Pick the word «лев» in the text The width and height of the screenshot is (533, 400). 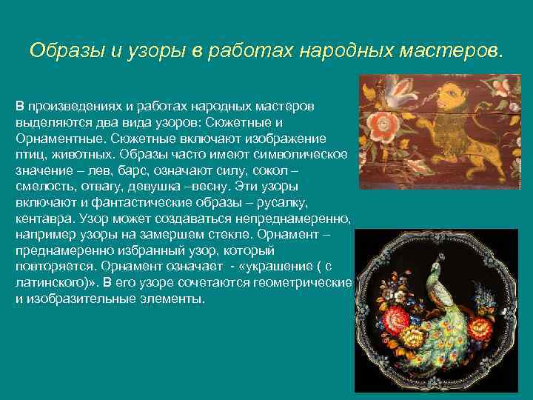click(x=90, y=170)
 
